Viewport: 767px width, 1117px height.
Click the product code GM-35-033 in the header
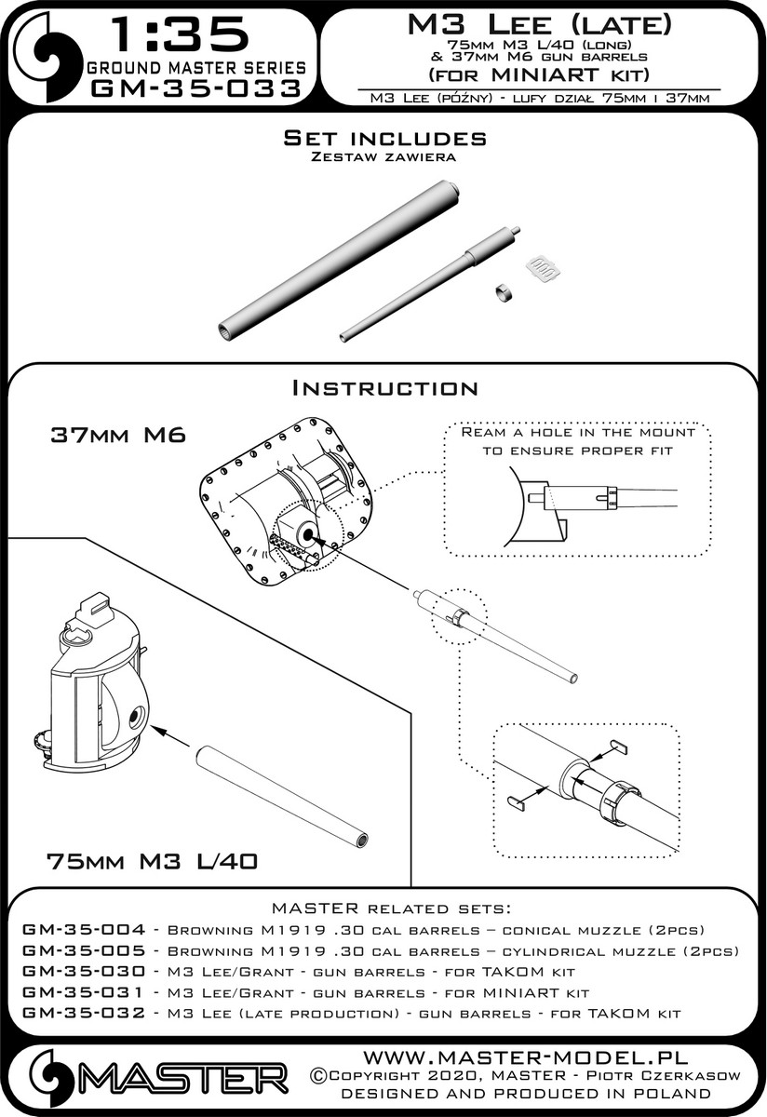pos(196,89)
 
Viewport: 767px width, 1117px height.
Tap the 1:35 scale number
pos(180,34)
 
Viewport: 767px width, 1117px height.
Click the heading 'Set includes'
pos(384,138)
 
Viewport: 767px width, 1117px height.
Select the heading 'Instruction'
pos(384,388)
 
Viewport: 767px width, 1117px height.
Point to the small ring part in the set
pos(505,291)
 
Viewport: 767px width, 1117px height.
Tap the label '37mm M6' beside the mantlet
pos(118,436)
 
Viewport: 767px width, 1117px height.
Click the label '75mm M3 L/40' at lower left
pos(152,861)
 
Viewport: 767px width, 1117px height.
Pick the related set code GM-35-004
pos(84,930)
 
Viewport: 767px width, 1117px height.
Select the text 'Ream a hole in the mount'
pos(577,432)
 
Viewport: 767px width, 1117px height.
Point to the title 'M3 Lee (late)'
pos(540,25)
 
